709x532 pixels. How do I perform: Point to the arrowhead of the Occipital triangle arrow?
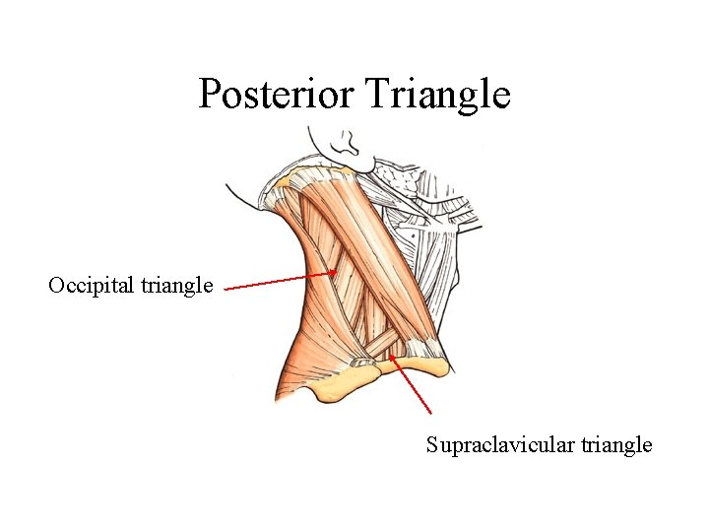click(334, 274)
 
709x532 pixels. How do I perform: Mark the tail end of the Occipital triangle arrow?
click(226, 289)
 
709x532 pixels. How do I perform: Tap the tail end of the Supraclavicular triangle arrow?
click(431, 412)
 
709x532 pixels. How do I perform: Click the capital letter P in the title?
click(209, 95)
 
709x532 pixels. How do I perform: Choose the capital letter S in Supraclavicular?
click(431, 445)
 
